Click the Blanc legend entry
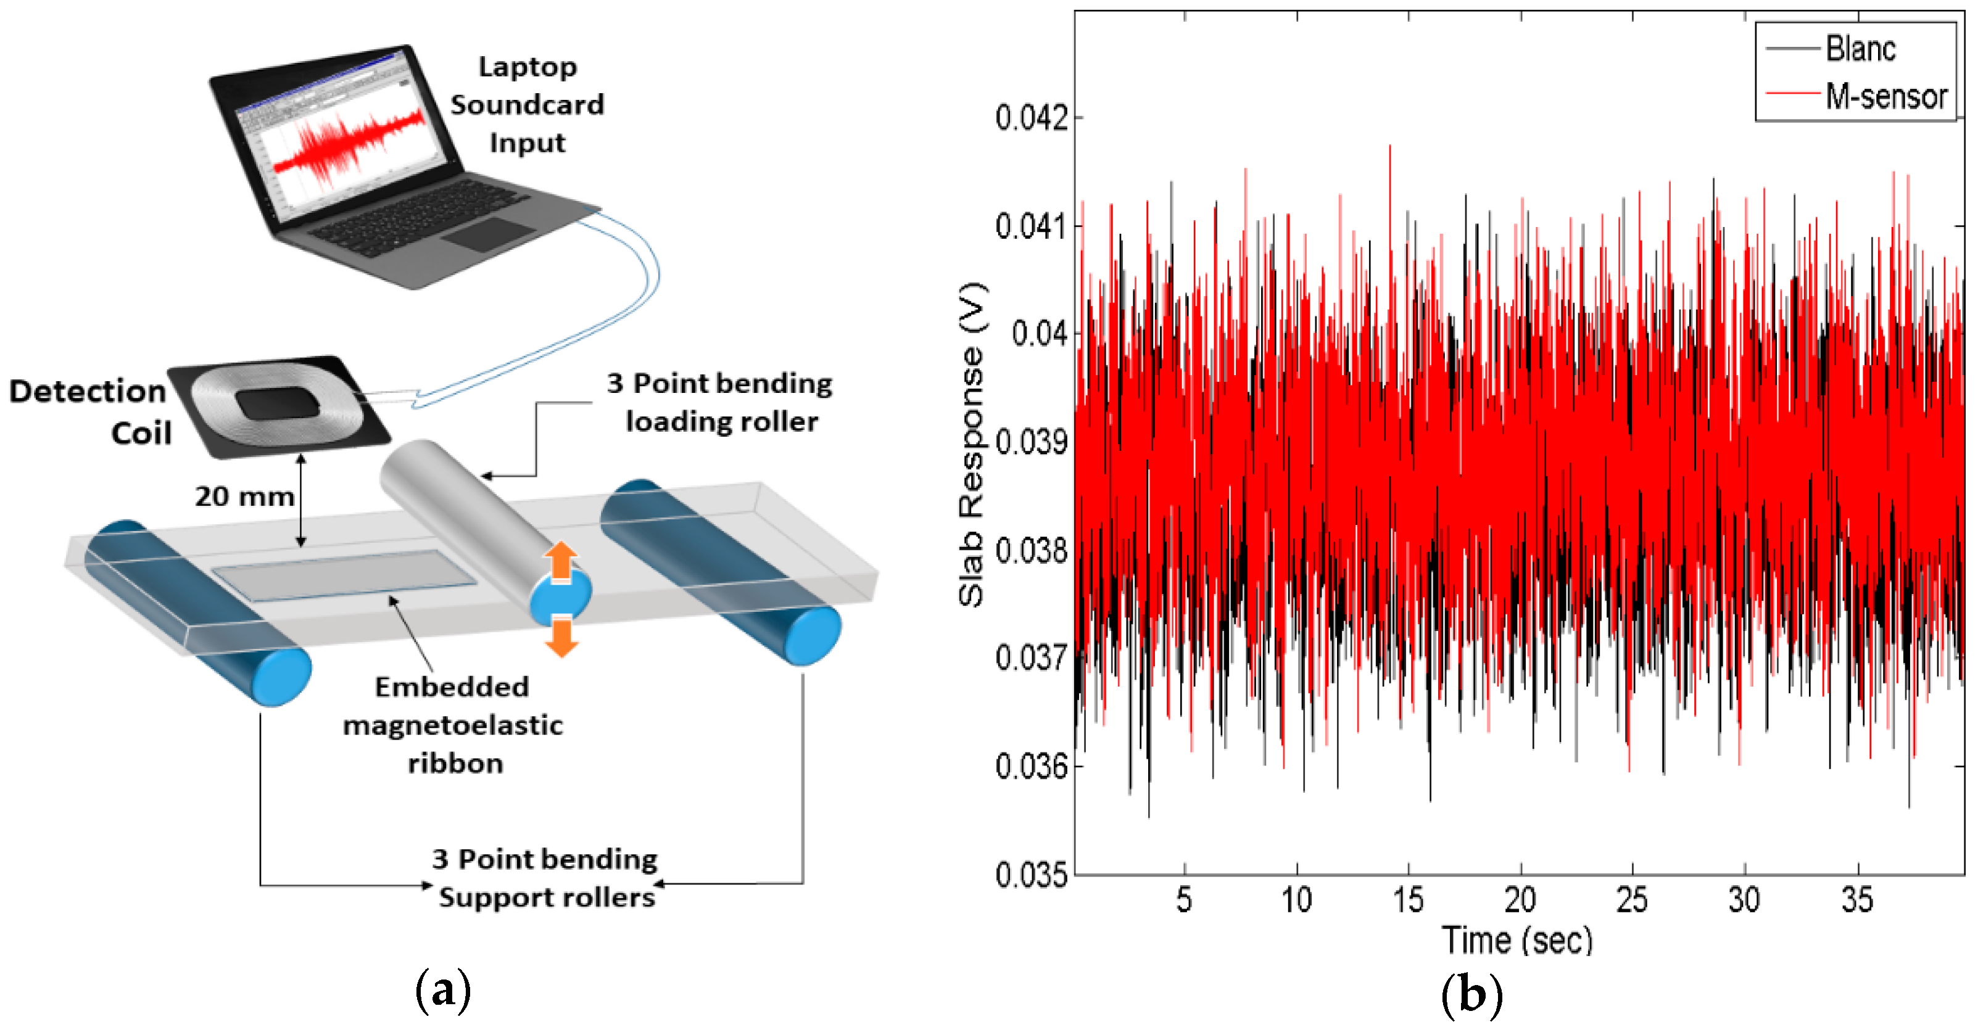1859,49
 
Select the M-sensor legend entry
1884,97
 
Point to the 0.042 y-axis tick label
1030,118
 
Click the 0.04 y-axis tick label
1038,334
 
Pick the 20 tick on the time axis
1520,899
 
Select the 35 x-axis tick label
1856,899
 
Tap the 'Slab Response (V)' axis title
971,445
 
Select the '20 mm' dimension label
244,497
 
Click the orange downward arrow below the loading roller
562,637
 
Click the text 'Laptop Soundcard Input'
527,104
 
